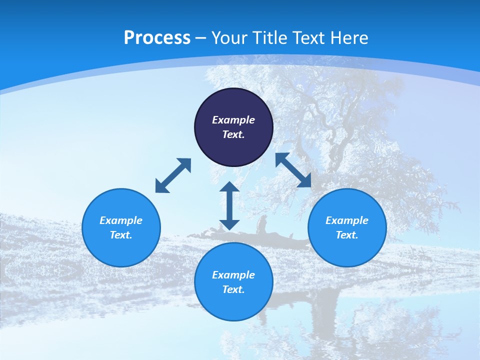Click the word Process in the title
point(157,38)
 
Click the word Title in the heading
point(270,38)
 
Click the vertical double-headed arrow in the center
point(229,206)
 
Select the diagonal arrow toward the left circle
point(173,175)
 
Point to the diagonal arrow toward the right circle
point(293,170)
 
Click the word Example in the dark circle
point(233,120)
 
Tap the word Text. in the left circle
point(121,235)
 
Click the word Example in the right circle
point(347,220)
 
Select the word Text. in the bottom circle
point(233,289)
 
